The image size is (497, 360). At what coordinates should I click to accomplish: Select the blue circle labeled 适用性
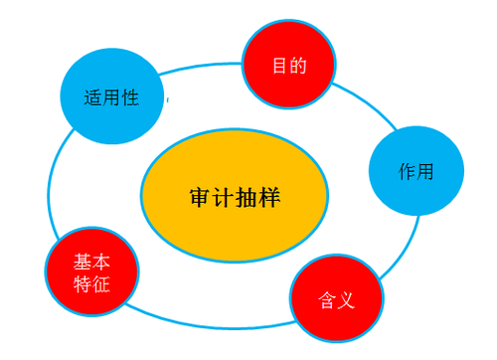coord(110,97)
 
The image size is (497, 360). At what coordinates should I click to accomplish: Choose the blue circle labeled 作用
coord(416,170)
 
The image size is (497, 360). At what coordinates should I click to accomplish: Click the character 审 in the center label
coord(200,196)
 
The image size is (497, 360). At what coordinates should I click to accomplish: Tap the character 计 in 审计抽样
coord(223,196)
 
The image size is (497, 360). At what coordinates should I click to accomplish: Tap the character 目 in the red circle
coord(280,67)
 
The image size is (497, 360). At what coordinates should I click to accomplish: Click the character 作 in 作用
coord(408,171)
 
